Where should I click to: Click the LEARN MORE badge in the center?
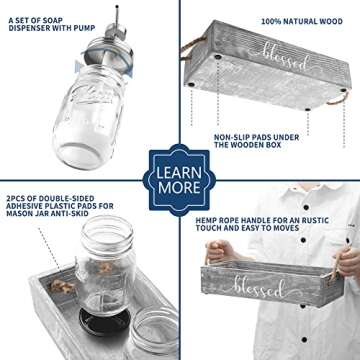click(x=179, y=180)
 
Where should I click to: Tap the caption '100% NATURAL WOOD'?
click(x=302, y=22)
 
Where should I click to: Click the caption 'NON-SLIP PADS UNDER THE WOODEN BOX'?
click(x=256, y=141)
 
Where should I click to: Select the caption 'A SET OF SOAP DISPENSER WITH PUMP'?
click(x=52, y=24)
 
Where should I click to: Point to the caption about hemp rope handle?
click(x=262, y=224)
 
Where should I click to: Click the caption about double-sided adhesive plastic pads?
click(x=60, y=206)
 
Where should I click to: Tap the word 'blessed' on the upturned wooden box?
click(x=287, y=57)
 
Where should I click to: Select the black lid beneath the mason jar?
click(x=104, y=321)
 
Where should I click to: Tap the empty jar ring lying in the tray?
click(x=154, y=330)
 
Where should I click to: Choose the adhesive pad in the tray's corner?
click(x=61, y=285)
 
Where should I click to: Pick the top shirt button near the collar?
click(x=306, y=207)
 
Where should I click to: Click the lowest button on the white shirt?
click(x=304, y=340)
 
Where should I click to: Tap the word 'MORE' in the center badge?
click(x=179, y=188)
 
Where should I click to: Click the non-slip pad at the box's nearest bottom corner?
click(x=307, y=109)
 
